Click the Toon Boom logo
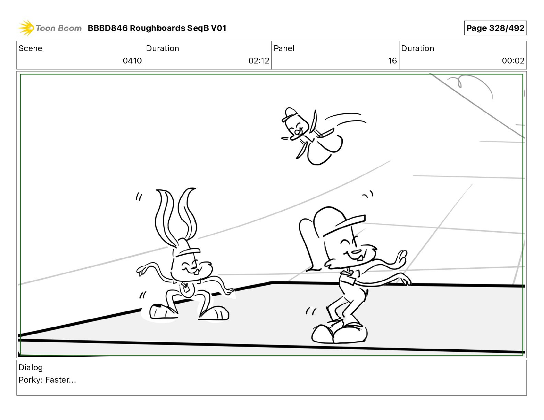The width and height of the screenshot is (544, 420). [x=49, y=28]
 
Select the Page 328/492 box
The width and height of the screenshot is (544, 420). [x=495, y=28]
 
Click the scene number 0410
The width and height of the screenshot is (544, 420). [x=132, y=61]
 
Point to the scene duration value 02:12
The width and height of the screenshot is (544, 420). [x=259, y=61]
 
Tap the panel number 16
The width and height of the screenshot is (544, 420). [x=392, y=61]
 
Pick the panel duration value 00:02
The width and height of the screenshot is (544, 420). [x=513, y=61]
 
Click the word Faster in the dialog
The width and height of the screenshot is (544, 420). [x=57, y=380]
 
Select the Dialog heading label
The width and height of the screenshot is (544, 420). [x=31, y=368]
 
